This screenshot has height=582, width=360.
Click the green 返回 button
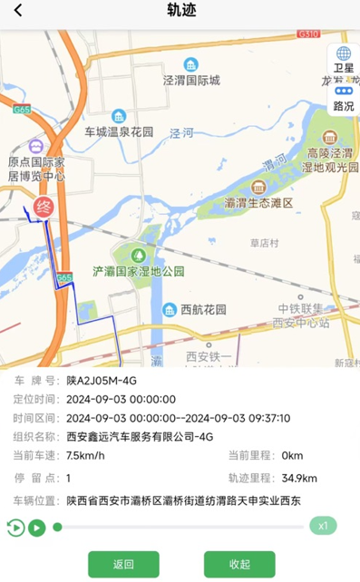point(123,564)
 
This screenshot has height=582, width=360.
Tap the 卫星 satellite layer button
point(344,60)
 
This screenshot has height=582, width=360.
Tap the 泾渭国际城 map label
point(191,80)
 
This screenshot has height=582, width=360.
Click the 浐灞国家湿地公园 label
point(139,271)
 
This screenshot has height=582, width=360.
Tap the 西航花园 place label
point(203,310)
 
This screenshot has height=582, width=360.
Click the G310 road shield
point(308,34)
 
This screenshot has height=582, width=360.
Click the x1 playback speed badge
point(322,526)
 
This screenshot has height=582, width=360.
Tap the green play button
point(36,527)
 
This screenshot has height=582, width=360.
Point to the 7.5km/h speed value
point(85,455)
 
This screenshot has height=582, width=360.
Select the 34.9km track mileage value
point(299,479)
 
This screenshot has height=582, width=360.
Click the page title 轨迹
point(180,12)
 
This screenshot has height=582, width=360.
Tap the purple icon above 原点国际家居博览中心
point(35,146)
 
